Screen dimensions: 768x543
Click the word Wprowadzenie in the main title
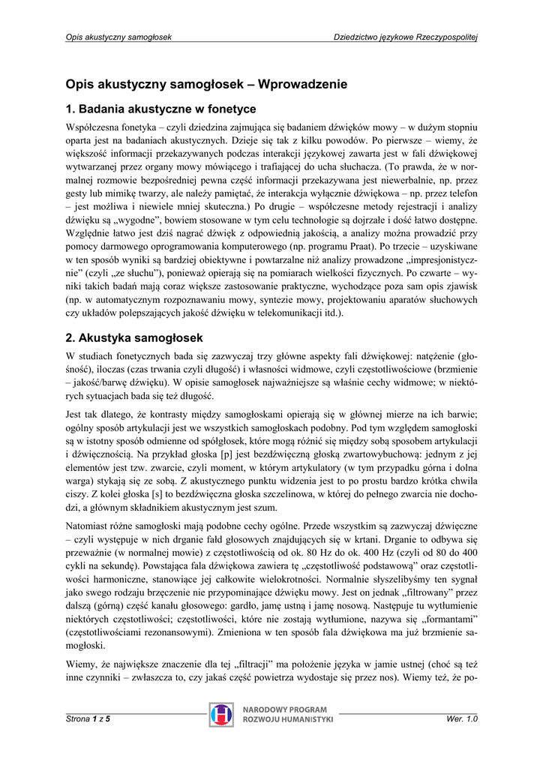[x=305, y=85]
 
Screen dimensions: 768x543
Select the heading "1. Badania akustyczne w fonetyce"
[x=161, y=109]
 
